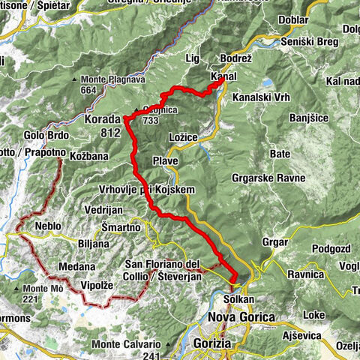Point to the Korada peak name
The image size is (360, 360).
(103, 119)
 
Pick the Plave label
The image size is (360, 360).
(164, 161)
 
